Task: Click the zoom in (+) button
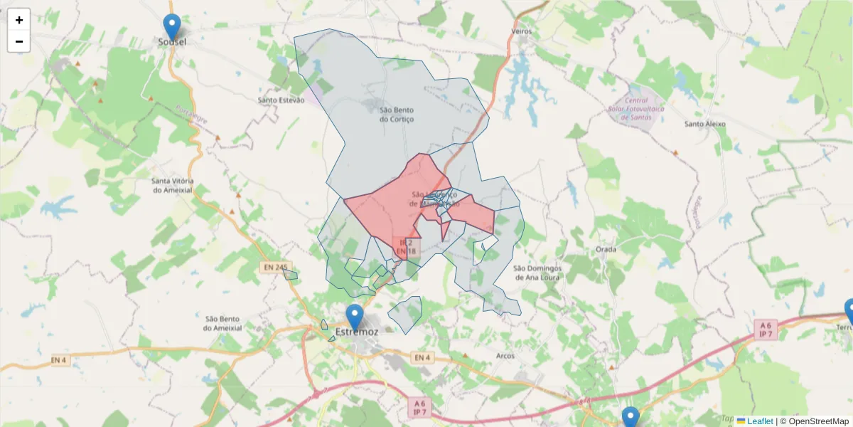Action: tap(19, 20)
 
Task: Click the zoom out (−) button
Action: tap(19, 41)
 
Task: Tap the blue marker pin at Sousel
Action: tap(171, 27)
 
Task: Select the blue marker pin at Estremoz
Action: tap(354, 317)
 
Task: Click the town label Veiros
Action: tap(522, 32)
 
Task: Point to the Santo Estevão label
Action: tap(281, 100)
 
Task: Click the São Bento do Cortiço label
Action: tap(396, 115)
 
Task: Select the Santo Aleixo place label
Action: tap(704, 124)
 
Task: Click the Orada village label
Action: tap(606, 250)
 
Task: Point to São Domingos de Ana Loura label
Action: tap(537, 273)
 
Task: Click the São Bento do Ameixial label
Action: tap(222, 323)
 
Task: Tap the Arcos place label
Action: tap(505, 356)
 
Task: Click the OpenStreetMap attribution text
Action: tap(814, 421)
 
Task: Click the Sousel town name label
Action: tap(172, 42)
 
